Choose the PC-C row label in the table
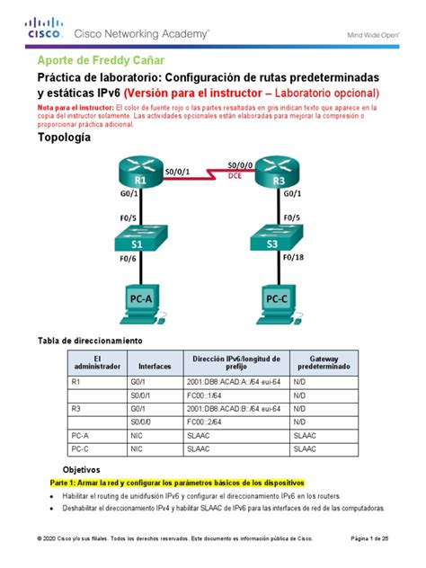[80, 448]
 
